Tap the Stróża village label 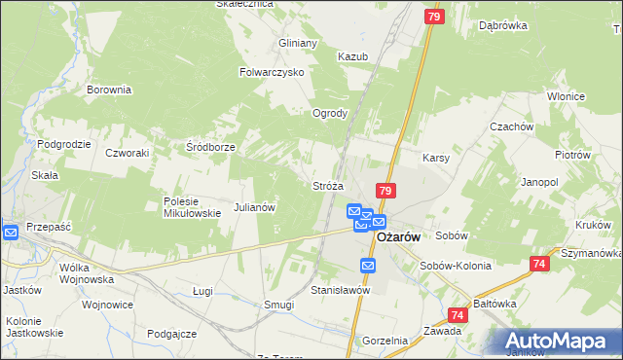tap(328, 185)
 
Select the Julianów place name tap(257, 207)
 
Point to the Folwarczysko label tap(273, 72)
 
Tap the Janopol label tap(539, 182)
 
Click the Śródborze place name tap(211, 147)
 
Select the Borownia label tap(109, 90)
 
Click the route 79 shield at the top tap(435, 17)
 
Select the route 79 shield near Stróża tap(386, 192)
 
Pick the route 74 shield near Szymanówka tap(540, 264)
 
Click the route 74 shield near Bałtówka tap(458, 314)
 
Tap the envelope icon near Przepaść tap(10, 233)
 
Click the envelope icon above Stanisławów tap(368, 266)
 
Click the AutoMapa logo tap(561, 341)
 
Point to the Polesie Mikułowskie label tap(180, 207)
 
